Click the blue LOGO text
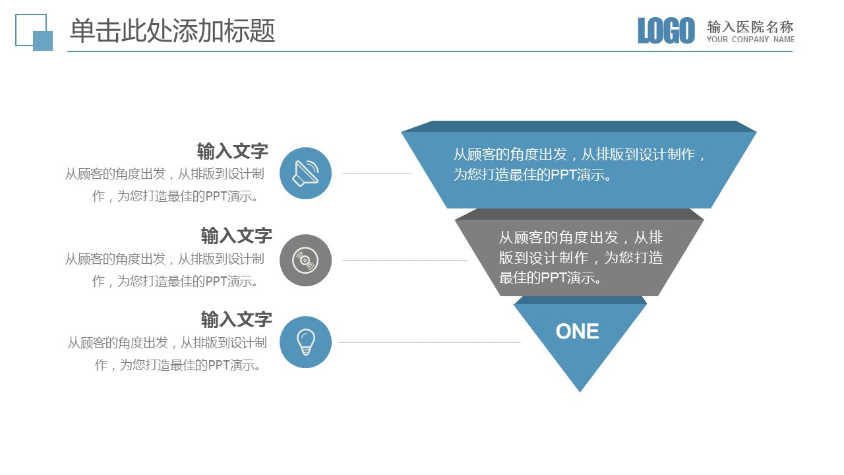click(666, 30)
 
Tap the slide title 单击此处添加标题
click(173, 30)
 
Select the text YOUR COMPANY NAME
click(750, 39)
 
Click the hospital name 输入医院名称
click(750, 27)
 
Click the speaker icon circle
click(305, 173)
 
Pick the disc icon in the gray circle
click(305, 260)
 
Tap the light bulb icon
click(305, 342)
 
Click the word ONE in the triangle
click(577, 331)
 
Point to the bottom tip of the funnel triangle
click(580, 392)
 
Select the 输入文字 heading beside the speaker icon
click(233, 151)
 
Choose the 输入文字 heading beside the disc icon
click(236, 236)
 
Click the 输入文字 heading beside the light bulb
click(236, 320)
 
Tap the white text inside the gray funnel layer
click(581, 258)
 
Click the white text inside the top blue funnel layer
click(579, 164)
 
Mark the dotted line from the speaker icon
click(377, 174)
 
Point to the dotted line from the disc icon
click(405, 260)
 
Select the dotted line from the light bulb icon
click(429, 342)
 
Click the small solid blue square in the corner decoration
click(43, 41)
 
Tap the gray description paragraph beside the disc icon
click(165, 270)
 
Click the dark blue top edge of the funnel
click(579, 126)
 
